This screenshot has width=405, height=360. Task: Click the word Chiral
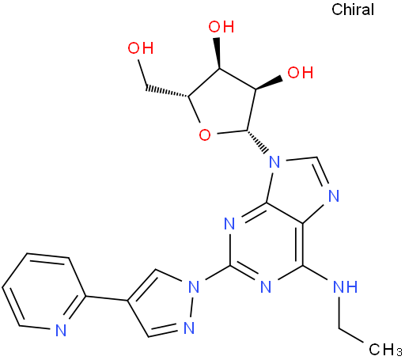[353, 9]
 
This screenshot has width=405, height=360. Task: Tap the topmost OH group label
[221, 27]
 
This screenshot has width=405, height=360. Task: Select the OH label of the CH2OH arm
[141, 48]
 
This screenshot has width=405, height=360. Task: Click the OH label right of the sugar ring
[300, 73]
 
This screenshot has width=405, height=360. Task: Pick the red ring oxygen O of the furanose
[205, 135]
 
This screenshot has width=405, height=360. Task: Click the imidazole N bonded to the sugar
[274, 162]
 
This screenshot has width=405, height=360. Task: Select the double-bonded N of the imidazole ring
[334, 196]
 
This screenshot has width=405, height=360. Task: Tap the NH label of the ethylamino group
[346, 286]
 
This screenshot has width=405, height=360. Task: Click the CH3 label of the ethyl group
[385, 350]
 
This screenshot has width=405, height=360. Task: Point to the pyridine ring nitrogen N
[61, 330]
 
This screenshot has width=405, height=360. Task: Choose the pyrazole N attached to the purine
[194, 286]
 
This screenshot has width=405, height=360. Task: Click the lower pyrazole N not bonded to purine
[189, 328]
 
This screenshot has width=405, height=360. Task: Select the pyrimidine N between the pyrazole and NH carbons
[266, 286]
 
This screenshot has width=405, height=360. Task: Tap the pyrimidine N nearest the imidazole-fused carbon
[229, 224]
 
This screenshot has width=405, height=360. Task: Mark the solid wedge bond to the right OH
[268, 83]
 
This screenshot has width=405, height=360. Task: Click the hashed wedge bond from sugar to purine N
[258, 142]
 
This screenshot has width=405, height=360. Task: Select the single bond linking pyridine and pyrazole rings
[107, 298]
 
